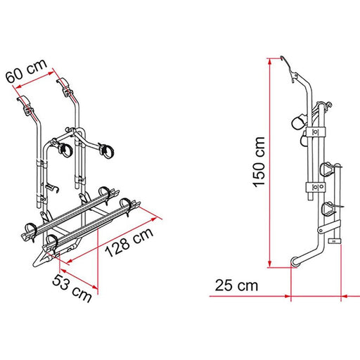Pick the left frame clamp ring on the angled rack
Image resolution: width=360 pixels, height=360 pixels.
tap(65, 148)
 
